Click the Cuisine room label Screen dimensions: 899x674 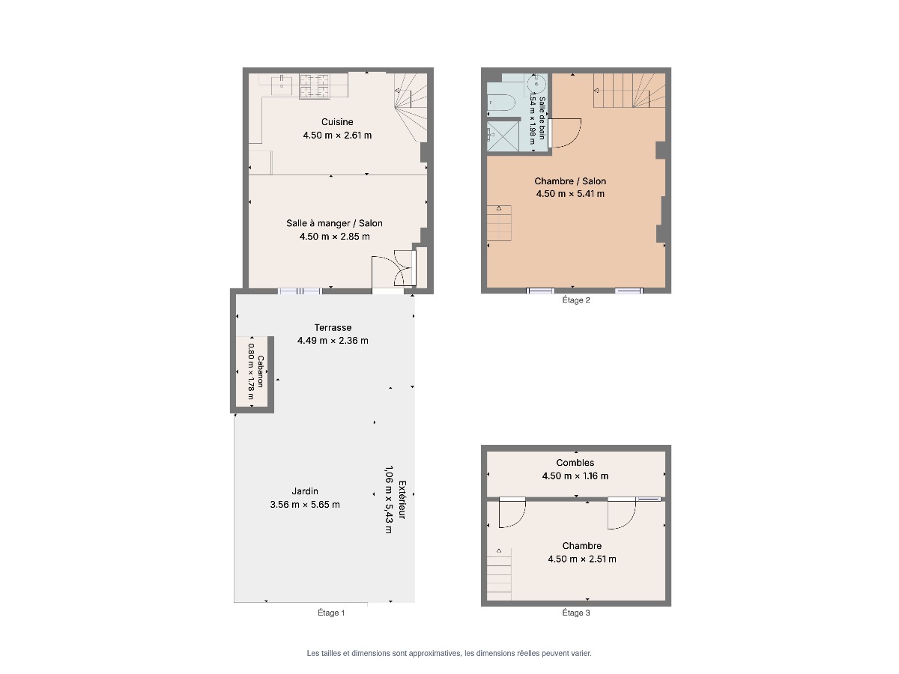click(336, 121)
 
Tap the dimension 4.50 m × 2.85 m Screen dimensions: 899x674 click(334, 236)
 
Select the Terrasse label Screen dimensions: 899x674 click(333, 327)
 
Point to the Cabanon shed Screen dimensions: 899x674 click(252, 371)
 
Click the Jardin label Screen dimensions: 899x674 click(305, 491)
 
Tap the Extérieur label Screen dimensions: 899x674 click(402, 500)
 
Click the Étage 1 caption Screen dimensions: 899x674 click(331, 613)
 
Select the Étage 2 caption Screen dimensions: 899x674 click(575, 300)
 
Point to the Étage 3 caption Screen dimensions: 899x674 click(575, 613)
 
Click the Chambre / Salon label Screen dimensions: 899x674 click(569, 181)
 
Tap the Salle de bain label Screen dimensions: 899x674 click(542, 118)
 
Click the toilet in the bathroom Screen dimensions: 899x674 click(500, 103)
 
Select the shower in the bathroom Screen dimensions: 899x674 click(503, 137)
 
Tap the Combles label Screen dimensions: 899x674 click(575, 462)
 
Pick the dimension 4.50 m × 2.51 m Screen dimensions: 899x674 click(581, 559)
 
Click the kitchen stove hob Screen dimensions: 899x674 click(314, 86)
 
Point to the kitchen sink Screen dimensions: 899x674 click(282, 82)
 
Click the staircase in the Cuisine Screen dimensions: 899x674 click(411, 108)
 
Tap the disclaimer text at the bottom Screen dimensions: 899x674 click(449, 654)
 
